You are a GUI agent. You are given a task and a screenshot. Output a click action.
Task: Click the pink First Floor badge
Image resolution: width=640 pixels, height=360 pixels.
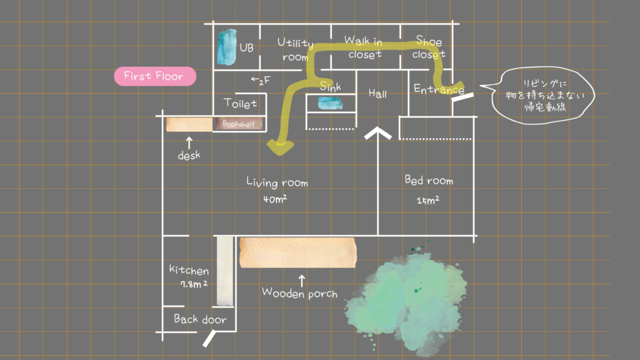pos(154,77)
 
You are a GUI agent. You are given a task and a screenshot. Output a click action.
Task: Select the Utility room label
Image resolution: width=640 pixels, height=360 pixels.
pos(294,50)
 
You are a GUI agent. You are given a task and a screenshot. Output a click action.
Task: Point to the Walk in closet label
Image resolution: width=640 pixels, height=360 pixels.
pos(364,48)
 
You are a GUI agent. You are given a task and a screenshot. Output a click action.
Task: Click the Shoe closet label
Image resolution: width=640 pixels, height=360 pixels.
pos(429,48)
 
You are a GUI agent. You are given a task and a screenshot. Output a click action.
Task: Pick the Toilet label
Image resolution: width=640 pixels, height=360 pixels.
pos(240,103)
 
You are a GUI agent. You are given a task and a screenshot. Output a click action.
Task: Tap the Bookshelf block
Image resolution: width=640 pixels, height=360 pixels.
pos(239,124)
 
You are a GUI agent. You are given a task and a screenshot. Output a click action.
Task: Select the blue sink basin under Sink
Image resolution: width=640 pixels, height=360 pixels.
pos(330,103)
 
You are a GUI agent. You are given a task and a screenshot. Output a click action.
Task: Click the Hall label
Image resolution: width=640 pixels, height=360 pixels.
pos(377,94)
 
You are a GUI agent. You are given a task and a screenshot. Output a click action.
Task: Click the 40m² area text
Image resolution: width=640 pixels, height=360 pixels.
pos(275,201)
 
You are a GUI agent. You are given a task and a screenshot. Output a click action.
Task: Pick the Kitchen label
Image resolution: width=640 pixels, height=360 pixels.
pos(189,271)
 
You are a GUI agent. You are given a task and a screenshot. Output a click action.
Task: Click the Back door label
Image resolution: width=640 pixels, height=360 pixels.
pos(200,319)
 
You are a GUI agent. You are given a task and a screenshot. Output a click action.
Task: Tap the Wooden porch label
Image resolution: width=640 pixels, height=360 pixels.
pos(299,292)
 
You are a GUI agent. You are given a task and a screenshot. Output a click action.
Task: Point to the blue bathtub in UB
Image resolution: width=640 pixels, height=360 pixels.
pos(226,47)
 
